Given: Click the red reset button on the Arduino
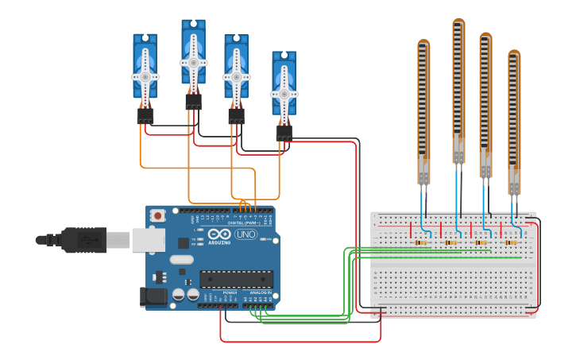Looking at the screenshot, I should pyautogui.click(x=158, y=215).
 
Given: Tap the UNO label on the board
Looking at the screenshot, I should pyautogui.click(x=245, y=234).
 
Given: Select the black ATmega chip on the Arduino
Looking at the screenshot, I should pyautogui.click(x=236, y=279).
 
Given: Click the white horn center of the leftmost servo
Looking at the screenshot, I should pyautogui.click(x=145, y=76).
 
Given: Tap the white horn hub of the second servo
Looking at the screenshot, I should pyautogui.click(x=193, y=62).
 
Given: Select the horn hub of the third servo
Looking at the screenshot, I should pyautogui.click(x=236, y=76).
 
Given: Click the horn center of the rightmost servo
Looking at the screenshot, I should pyautogui.click(x=284, y=94).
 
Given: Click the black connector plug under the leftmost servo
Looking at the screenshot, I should pyautogui.click(x=145, y=116).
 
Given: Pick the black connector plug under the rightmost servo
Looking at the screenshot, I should pyautogui.click(x=284, y=133).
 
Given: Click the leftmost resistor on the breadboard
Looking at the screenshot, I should pyautogui.click(x=422, y=242).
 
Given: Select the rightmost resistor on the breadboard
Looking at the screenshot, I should pyautogui.click(x=510, y=242).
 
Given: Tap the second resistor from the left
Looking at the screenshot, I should pyautogui.click(x=451, y=242).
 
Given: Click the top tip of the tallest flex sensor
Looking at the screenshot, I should pyautogui.click(x=458, y=22).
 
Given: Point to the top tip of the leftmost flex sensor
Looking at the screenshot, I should pyautogui.click(x=423, y=43).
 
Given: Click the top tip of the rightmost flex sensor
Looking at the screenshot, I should pyautogui.click(x=514, y=53).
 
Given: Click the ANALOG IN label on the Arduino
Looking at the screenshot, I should pyautogui.click(x=261, y=293).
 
